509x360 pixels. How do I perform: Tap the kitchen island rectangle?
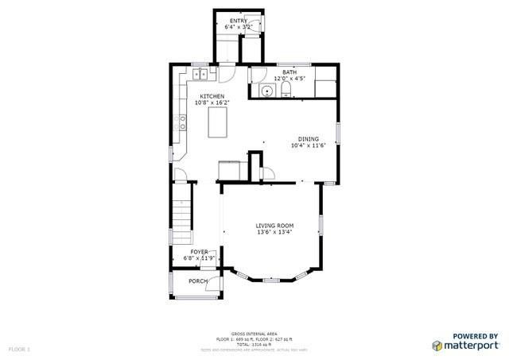217,123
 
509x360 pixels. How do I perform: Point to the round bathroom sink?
268,91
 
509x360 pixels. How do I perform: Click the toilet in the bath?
286,91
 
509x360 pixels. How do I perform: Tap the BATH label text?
289,72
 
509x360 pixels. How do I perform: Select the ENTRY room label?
239,21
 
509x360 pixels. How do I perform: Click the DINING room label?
309,138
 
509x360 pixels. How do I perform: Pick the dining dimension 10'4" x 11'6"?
309,145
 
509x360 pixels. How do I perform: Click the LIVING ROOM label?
274,226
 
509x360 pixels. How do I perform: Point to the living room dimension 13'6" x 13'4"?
274,232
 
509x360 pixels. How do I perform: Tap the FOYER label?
199,251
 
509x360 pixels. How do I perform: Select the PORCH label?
198,281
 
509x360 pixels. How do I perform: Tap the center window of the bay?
271,280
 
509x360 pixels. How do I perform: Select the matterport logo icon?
437,346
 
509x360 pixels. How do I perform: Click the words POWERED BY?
476,335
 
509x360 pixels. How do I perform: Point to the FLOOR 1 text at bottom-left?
19,349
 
